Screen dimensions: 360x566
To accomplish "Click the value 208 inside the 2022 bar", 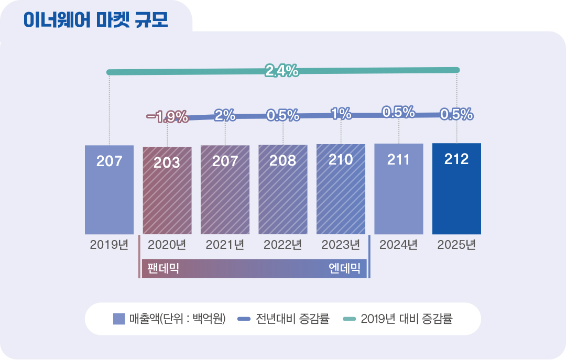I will coord(282,160).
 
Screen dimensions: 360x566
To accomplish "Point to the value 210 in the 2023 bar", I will coord(341,159).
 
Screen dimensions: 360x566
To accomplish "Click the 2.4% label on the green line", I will coord(282,71).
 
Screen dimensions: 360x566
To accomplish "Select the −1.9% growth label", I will coord(167,117).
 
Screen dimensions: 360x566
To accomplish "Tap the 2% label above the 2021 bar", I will coord(225,115).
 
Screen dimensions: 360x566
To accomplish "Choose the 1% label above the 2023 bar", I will coord(341,113).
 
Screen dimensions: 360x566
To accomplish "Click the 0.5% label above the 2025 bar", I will coord(456,114).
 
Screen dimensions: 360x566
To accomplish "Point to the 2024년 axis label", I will coord(398,245).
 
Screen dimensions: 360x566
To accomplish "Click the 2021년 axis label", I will coord(225,245).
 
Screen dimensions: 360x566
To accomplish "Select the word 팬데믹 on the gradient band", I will coord(164,269).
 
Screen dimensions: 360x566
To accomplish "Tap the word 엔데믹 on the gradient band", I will coord(344,269).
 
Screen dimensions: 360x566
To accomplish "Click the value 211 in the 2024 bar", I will coord(398,160).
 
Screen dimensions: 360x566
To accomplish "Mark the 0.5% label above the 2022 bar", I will coord(282,115).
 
